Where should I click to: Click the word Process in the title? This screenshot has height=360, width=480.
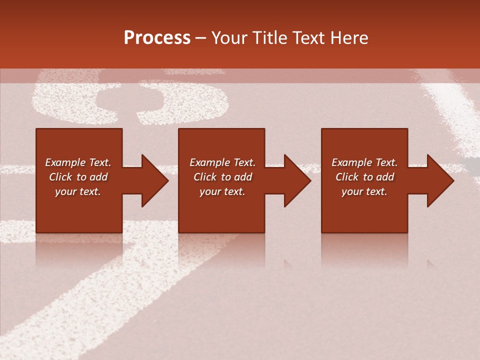(x=157, y=38)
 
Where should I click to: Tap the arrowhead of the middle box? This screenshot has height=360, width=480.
(x=296, y=180)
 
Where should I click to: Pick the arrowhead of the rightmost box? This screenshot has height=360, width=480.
(x=439, y=180)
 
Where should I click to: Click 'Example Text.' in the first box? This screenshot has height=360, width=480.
(x=78, y=162)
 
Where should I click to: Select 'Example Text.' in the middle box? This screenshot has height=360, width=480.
(x=222, y=162)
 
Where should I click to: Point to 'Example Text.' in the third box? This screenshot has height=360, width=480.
(x=364, y=162)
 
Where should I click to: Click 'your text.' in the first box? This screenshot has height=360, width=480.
(x=78, y=191)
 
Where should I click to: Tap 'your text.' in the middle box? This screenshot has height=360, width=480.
(x=222, y=191)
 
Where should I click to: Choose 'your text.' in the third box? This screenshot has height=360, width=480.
(x=364, y=191)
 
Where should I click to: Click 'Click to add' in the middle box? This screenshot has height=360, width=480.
(x=222, y=177)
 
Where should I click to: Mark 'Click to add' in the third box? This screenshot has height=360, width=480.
(x=364, y=177)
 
